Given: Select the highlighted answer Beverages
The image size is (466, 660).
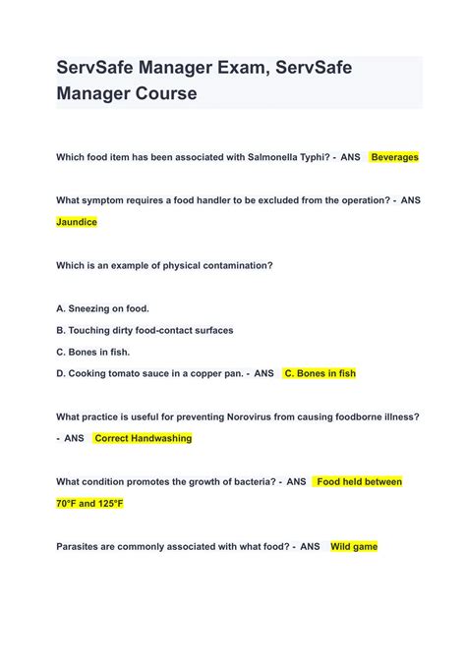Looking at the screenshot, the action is pos(394,157).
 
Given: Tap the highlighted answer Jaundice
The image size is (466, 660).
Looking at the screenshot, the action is pos(77,222).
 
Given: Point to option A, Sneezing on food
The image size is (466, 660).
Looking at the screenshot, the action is pos(103,308).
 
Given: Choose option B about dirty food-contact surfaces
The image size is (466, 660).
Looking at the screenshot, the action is pos(145,330).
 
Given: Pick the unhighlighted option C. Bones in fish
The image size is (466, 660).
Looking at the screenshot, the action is pos(93,352).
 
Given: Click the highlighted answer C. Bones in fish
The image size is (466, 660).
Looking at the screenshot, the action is pos(320,373).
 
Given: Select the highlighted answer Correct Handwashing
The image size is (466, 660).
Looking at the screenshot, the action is pos(143,438).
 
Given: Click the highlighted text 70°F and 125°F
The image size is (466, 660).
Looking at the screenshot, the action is pos(90,503).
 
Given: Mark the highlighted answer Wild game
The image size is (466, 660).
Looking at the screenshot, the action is pos(354,546).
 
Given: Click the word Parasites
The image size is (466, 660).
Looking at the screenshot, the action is pos(83,546).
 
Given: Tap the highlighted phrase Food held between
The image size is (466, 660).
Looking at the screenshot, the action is pos(359,482).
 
